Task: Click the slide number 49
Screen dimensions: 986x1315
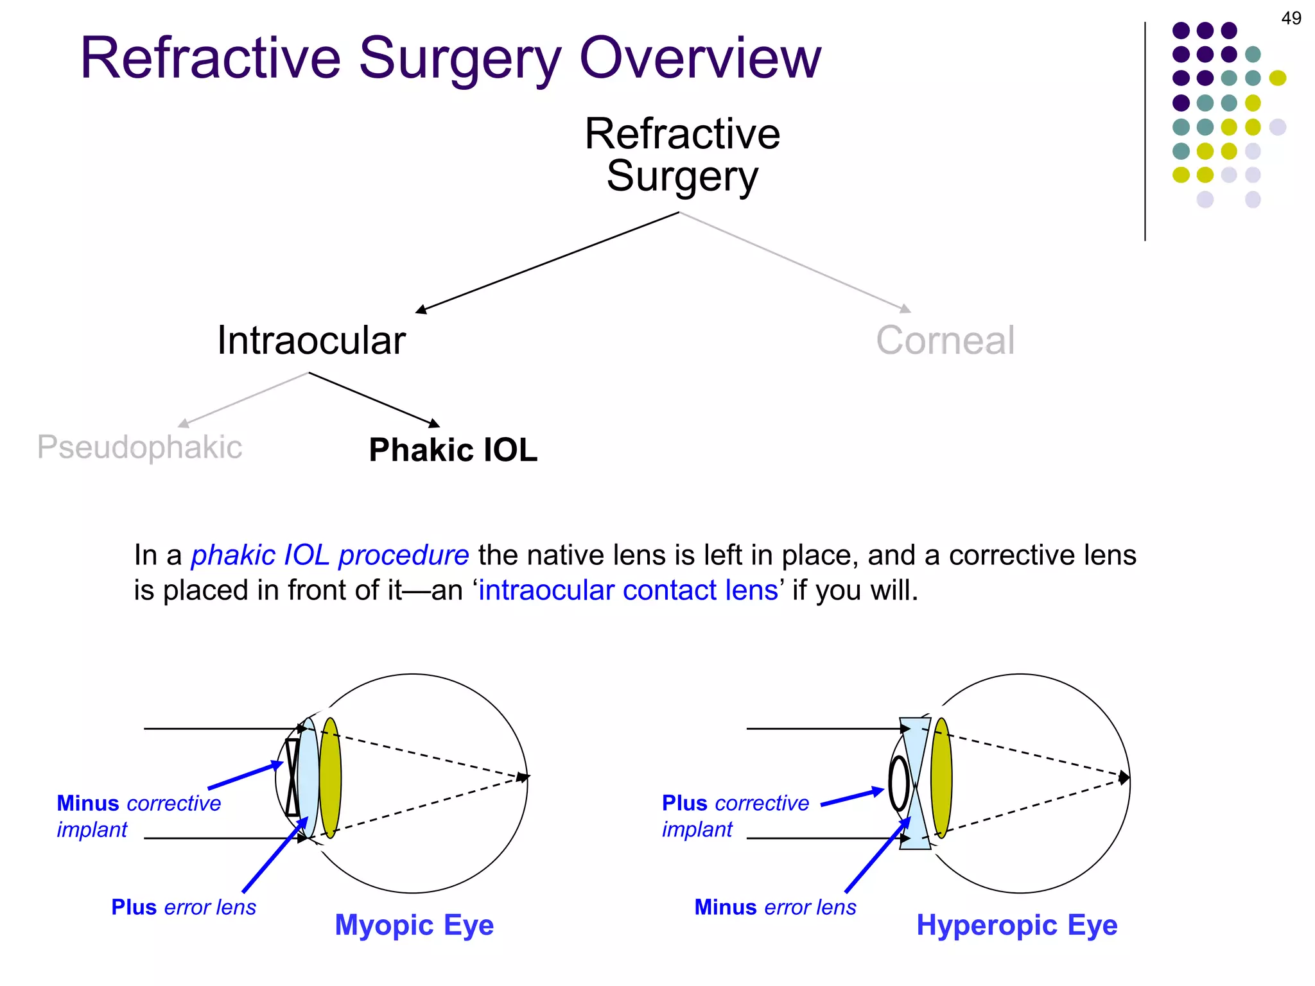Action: click(x=1291, y=18)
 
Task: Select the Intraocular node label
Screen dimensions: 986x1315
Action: click(x=311, y=340)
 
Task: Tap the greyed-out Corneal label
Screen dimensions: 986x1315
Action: click(x=945, y=340)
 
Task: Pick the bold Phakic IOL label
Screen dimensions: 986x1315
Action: click(x=453, y=450)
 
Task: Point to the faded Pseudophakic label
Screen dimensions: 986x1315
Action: click(x=139, y=447)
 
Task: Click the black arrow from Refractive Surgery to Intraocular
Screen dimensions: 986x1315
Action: click(x=546, y=263)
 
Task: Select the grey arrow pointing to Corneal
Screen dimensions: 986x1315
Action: click(x=796, y=262)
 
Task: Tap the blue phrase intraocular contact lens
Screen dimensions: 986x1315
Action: click(x=628, y=590)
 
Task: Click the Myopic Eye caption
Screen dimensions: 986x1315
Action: click(x=414, y=925)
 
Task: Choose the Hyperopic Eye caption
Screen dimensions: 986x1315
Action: click(x=1016, y=925)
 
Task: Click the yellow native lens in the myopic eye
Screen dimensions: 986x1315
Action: click(x=330, y=778)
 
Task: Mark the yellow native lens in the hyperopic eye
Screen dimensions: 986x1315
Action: click(x=941, y=778)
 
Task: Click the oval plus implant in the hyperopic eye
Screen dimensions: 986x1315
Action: click(x=899, y=783)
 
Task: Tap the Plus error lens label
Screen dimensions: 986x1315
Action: click(x=183, y=907)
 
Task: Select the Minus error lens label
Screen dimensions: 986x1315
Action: click(x=775, y=907)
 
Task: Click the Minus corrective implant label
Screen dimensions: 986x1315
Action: click(x=138, y=815)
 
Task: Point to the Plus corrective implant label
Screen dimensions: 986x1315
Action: click(x=735, y=815)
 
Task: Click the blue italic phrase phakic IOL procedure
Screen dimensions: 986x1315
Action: click(x=330, y=555)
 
